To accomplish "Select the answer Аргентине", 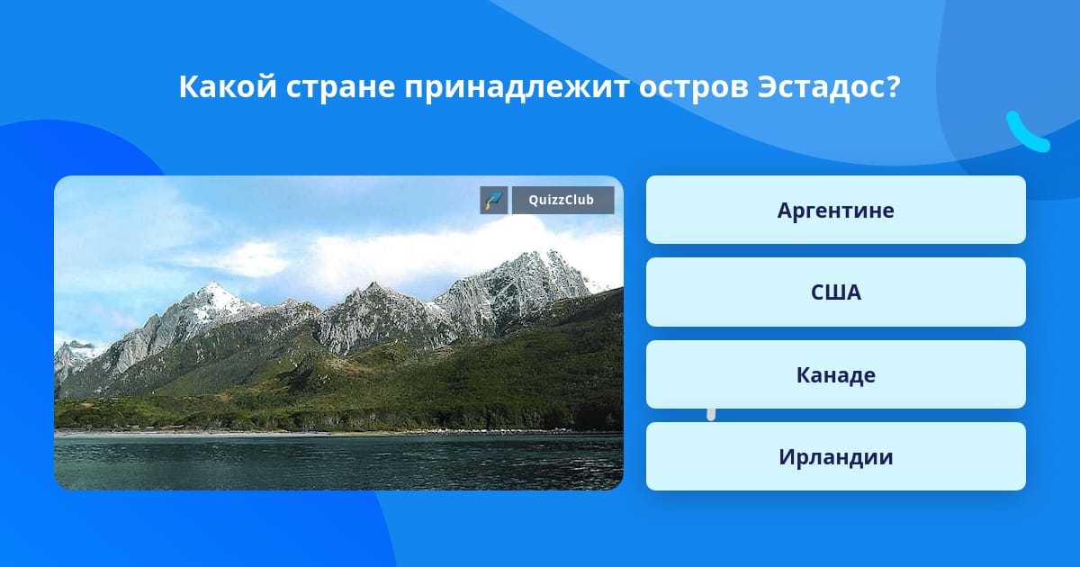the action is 835,210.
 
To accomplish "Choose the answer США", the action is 835,292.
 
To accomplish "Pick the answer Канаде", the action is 835,374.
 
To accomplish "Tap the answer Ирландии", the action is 835,456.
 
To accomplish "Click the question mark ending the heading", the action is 893,86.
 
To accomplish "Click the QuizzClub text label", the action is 562,200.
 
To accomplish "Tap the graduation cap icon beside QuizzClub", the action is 494,200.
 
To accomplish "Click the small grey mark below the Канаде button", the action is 711,415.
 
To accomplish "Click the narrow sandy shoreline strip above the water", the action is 337,433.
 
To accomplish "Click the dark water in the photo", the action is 338,462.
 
